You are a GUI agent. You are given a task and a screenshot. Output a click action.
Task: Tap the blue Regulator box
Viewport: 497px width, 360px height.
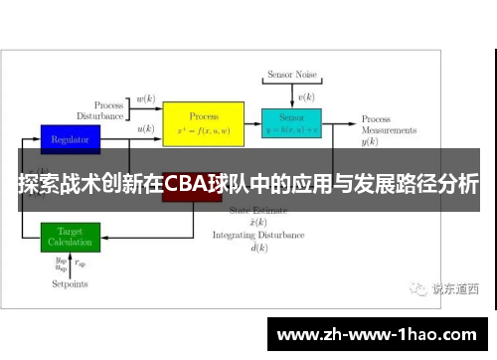pyautogui.click(x=70, y=139)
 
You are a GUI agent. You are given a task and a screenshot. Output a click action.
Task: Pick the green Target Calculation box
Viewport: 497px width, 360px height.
pyautogui.click(x=70, y=237)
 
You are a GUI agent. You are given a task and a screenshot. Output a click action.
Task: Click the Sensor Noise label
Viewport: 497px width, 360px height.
pyautogui.click(x=291, y=75)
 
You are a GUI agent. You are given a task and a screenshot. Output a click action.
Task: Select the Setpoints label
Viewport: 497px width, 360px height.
pyautogui.click(x=70, y=284)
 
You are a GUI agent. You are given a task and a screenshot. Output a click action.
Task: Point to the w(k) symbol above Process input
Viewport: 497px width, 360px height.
pyautogui.click(x=145, y=98)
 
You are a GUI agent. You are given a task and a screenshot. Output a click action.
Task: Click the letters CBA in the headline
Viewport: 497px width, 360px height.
pyautogui.click(x=186, y=185)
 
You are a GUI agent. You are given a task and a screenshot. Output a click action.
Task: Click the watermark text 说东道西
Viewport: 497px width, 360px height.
pyautogui.click(x=455, y=289)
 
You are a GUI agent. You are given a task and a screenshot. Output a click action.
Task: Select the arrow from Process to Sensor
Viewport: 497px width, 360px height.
pyautogui.click(x=252, y=124)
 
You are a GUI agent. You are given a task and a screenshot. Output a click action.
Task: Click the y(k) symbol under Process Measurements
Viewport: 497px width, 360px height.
pyautogui.click(x=370, y=142)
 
